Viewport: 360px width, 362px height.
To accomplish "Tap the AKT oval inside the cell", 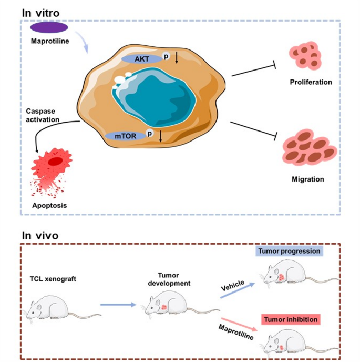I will (x=140, y=59).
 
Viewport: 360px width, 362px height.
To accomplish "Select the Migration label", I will (x=308, y=179).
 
